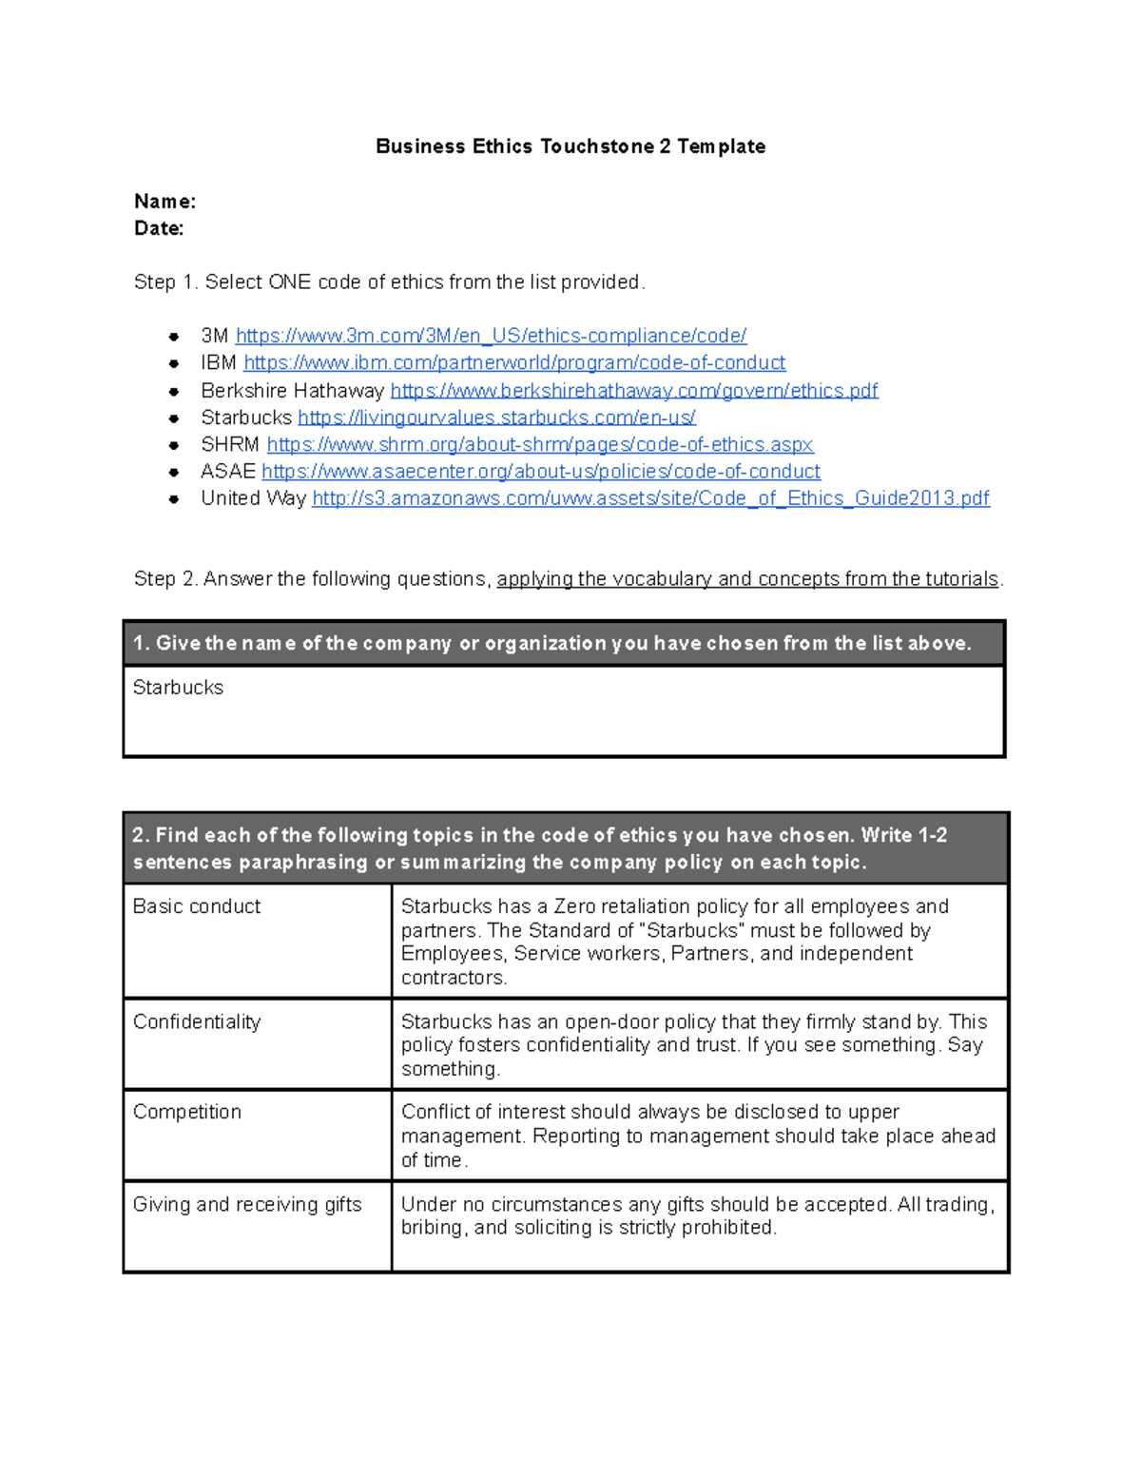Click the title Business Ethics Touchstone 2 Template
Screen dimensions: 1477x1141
pos(570,146)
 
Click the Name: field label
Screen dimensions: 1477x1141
pos(164,202)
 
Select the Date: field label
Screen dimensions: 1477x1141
pos(159,228)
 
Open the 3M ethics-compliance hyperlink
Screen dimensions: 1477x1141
pos(491,336)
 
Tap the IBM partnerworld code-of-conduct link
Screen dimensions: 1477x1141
pos(514,362)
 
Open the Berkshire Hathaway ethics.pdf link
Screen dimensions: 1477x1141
pos(634,391)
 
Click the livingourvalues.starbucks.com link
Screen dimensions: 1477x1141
pos(496,418)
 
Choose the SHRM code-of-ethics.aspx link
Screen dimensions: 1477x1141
pos(540,444)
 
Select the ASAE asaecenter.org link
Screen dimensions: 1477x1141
pos(541,472)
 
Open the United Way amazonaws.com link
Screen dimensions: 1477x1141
pos(650,498)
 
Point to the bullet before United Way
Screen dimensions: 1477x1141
pos(174,498)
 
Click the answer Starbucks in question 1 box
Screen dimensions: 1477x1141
pos(178,688)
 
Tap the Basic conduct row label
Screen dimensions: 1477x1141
pos(197,906)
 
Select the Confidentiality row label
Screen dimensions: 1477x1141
pos(197,1021)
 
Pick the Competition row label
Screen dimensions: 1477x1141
pos(187,1112)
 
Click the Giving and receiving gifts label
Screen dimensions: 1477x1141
pos(247,1204)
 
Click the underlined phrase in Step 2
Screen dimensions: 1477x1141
pos(747,579)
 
